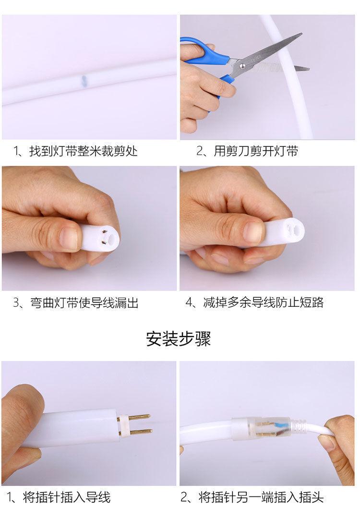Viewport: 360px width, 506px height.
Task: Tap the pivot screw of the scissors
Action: [x=242, y=66]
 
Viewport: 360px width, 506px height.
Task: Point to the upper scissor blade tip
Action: [x=301, y=34]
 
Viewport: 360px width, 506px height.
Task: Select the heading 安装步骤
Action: [x=179, y=339]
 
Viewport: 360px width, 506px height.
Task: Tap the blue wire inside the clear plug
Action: [x=276, y=426]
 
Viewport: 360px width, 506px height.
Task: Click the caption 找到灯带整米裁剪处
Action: [x=84, y=151]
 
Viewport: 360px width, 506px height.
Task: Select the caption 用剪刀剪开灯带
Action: [x=256, y=151]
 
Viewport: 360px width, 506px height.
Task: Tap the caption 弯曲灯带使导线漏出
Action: [x=84, y=303]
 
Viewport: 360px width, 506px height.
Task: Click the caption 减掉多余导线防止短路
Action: [x=263, y=302]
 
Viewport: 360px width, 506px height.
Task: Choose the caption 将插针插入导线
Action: [x=67, y=497]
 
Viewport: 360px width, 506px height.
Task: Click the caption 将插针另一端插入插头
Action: [x=261, y=497]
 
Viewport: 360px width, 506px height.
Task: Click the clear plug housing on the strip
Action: [x=261, y=428]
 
